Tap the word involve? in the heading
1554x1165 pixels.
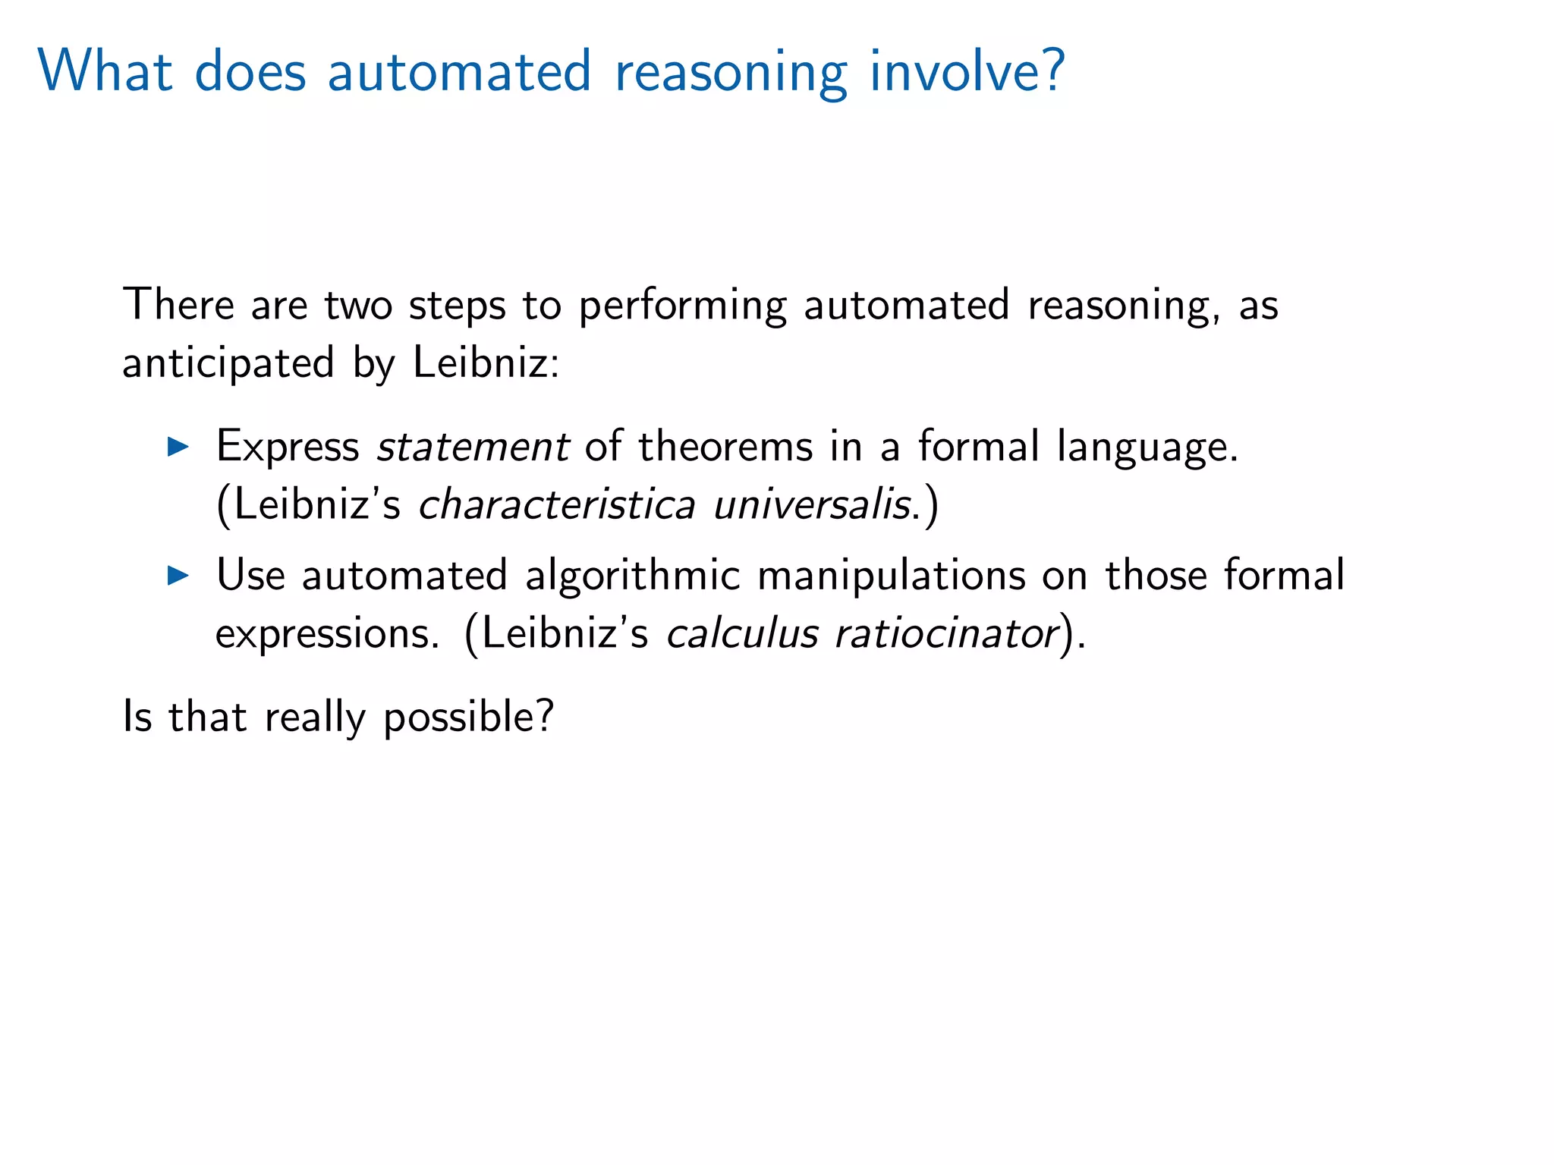click(x=967, y=71)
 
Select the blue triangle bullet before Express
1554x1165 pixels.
click(x=178, y=447)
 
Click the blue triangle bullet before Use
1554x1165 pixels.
click(x=178, y=576)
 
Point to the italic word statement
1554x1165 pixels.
click(x=473, y=447)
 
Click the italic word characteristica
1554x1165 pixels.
click(x=556, y=505)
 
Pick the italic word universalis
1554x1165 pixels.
click(x=811, y=505)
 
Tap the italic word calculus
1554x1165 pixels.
click(x=742, y=634)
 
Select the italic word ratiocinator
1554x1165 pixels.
click(x=946, y=634)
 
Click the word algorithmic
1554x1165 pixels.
click(x=632, y=576)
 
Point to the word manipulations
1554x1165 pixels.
click(x=892, y=576)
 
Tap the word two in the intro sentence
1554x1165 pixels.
click(x=358, y=306)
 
